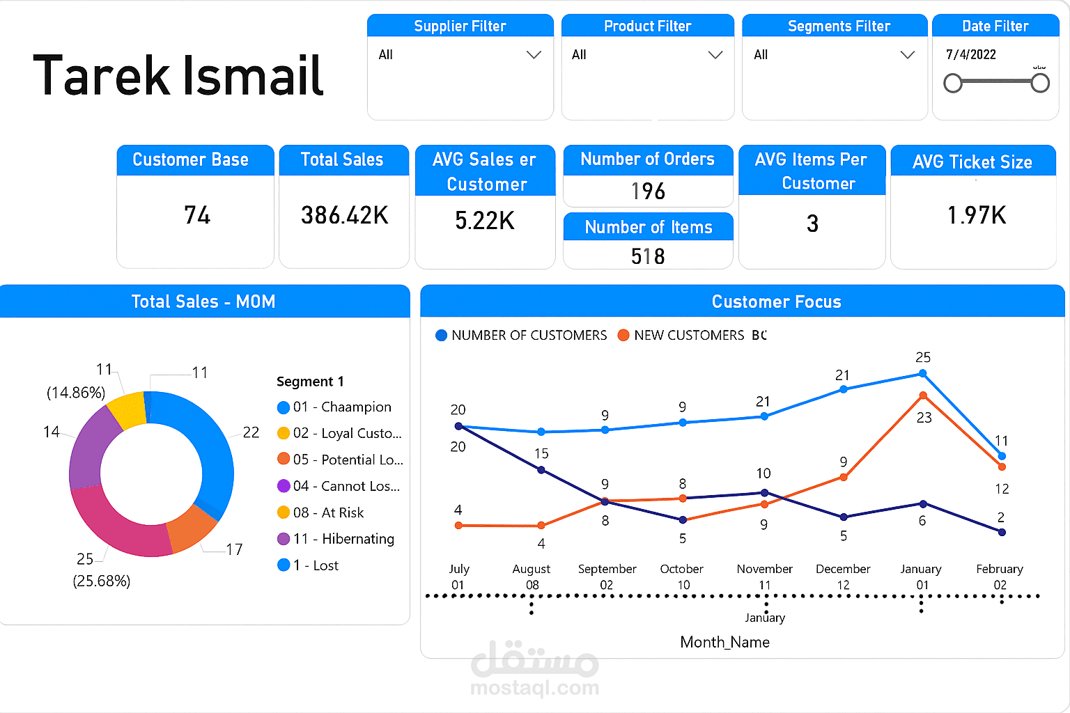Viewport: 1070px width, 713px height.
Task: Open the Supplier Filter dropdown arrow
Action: (534, 55)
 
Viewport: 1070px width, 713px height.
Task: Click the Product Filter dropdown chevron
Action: (715, 55)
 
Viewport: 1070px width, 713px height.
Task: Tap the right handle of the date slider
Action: (1040, 84)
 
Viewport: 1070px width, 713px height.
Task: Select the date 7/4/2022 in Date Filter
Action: (970, 54)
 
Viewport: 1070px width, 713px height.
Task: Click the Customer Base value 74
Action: (197, 215)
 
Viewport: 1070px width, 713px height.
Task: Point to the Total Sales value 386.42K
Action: (344, 216)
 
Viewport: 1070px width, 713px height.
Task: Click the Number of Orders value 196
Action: (648, 191)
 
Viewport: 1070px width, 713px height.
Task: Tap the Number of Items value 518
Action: (648, 256)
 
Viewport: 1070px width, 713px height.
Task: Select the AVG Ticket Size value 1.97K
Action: (977, 215)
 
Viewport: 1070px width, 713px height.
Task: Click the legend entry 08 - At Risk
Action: (328, 512)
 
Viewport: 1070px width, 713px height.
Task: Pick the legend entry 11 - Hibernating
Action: (343, 539)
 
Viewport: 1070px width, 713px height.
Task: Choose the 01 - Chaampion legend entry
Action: (341, 407)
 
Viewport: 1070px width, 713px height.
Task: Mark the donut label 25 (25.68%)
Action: (101, 570)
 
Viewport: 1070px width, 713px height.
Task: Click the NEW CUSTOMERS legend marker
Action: (623, 336)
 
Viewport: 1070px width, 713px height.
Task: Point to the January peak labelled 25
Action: (922, 373)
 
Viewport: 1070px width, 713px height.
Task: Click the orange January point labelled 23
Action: (923, 395)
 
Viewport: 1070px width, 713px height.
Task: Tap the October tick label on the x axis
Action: (681, 569)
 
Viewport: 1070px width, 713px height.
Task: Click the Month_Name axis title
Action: (724, 642)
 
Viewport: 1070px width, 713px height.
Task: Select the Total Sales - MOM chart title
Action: (203, 301)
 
